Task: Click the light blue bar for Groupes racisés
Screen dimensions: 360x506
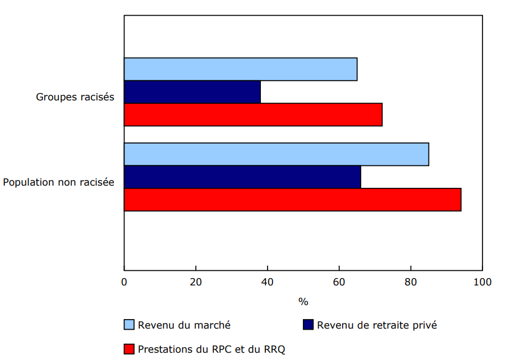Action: point(240,69)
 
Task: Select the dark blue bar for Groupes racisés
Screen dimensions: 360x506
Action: point(192,92)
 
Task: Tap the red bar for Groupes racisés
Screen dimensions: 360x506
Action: point(252,115)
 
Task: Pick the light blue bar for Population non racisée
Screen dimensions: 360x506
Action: point(276,154)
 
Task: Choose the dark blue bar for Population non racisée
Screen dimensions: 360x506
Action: point(242,177)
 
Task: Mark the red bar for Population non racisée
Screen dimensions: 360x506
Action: point(292,200)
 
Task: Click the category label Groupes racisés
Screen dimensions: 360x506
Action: point(75,97)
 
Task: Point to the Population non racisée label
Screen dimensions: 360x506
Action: point(59,182)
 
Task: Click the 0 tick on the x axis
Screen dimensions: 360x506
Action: point(124,281)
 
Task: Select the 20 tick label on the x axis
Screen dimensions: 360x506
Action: point(196,281)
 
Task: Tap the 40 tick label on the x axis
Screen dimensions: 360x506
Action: point(268,281)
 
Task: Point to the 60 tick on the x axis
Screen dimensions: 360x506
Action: point(339,281)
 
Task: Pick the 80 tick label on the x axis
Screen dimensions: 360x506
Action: point(411,281)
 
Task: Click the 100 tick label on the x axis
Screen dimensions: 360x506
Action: point(482,281)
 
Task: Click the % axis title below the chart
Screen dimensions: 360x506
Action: point(303,302)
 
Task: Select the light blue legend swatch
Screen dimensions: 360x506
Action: point(129,325)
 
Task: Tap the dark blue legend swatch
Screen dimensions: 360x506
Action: point(308,325)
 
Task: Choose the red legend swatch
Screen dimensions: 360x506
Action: point(129,349)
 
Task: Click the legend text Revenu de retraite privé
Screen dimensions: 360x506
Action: point(376,325)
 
